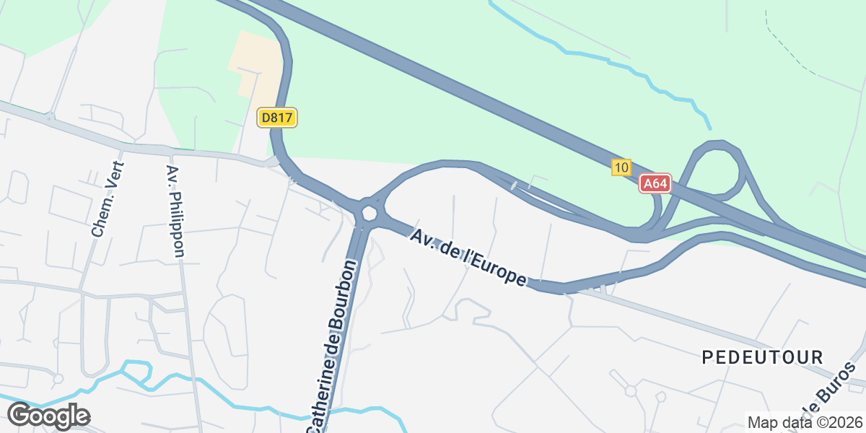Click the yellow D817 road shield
point(277,118)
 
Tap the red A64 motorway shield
point(655,184)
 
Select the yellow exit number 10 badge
point(621,167)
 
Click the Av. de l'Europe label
point(468,258)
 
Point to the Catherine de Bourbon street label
point(333,346)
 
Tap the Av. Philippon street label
point(175,211)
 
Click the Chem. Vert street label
point(108,199)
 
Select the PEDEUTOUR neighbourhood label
point(763,357)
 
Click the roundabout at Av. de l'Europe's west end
point(369,212)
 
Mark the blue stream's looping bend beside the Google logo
point(136,369)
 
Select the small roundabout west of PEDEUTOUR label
point(630,391)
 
